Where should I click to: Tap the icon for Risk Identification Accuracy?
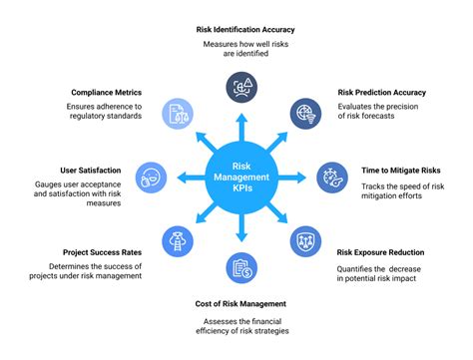tap(239, 87)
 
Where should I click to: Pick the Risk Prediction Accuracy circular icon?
tap(304, 114)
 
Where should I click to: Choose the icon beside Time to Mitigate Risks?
tap(331, 178)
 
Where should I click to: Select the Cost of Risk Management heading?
tap(239, 303)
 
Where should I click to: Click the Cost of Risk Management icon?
tap(239, 267)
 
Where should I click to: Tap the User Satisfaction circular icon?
tap(149, 178)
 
